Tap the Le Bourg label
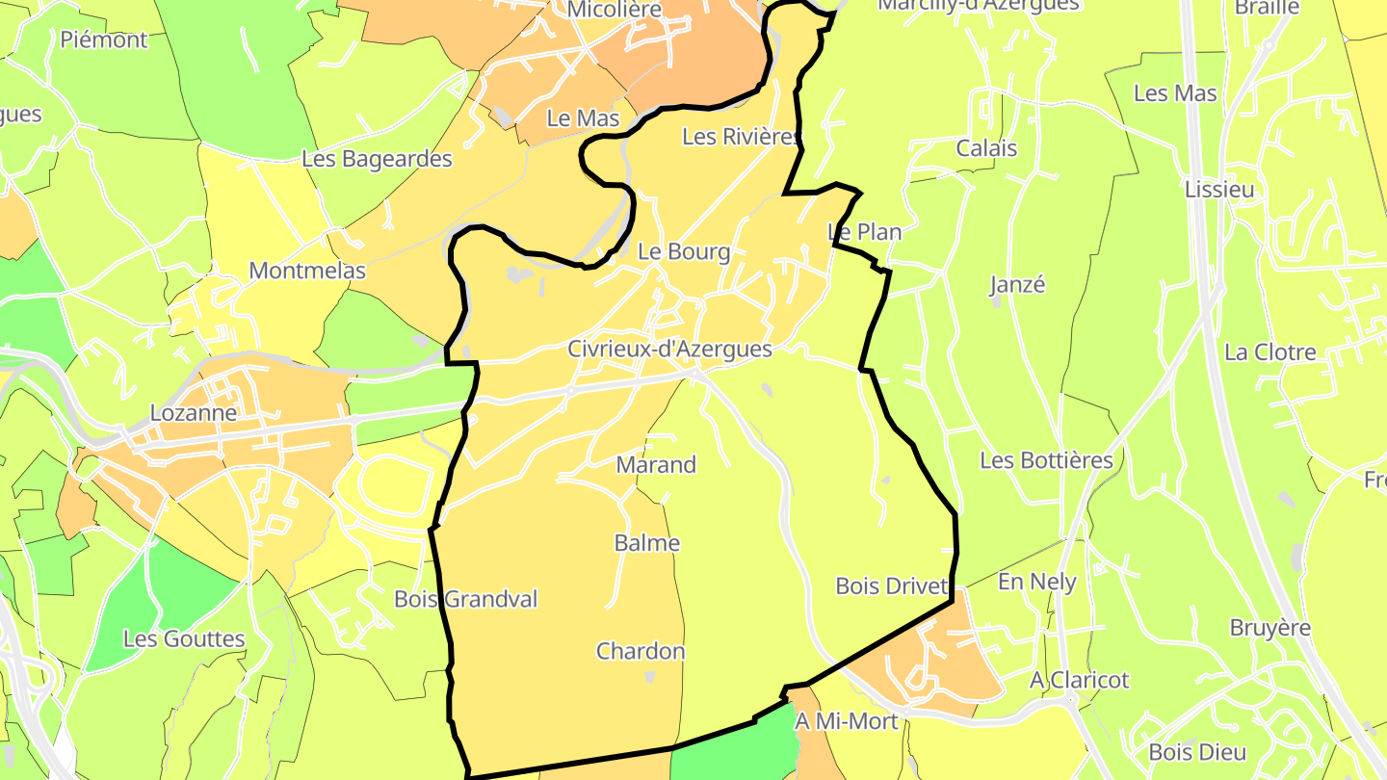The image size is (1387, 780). coord(684,252)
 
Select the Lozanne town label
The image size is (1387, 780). coord(194,413)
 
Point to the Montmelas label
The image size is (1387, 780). coord(307,272)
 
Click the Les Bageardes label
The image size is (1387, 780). coord(377,159)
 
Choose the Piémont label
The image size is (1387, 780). coord(104,40)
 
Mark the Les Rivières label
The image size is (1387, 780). coord(741,138)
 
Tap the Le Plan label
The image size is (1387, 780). coord(864,232)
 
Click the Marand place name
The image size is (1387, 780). coord(656,465)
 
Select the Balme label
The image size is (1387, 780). coord(647,543)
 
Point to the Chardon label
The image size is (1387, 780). coord(641,652)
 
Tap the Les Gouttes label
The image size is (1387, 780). coord(184,639)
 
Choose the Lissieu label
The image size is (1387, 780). coord(1219,190)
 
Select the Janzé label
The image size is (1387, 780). coord(1017,285)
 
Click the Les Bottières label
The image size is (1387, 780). coord(1046,460)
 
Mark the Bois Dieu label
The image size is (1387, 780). coord(1198,753)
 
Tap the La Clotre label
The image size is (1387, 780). coord(1270,352)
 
